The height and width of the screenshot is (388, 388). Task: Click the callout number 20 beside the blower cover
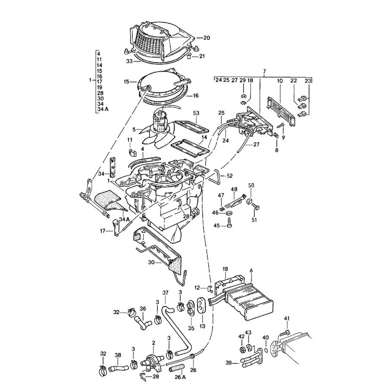coord(206,38)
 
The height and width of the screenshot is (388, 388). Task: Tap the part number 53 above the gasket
coord(196,113)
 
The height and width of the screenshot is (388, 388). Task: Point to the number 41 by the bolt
coord(287,319)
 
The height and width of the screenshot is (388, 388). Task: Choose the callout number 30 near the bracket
coord(152,262)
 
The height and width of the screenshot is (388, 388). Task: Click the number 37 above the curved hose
coord(165,293)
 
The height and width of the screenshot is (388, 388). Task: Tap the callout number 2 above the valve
coord(154,343)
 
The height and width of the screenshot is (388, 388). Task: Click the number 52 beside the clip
coord(229,176)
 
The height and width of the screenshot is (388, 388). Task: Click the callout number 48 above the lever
coord(234,189)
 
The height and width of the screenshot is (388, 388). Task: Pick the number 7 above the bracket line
coord(264,72)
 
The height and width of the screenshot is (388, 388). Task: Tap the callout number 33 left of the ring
coord(129,61)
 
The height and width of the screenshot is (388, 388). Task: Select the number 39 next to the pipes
coord(229,363)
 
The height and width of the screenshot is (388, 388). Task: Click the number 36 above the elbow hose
coord(142,309)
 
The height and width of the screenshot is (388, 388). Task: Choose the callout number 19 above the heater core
coord(225,269)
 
